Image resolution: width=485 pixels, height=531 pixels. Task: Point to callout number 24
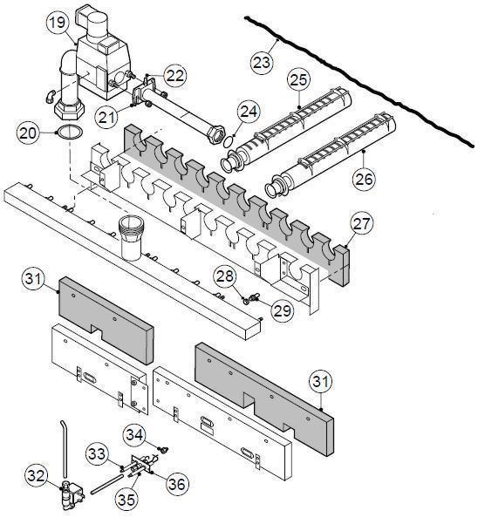click(249, 111)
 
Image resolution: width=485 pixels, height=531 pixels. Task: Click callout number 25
click(298, 80)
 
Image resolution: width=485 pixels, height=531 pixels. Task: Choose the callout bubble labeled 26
click(364, 179)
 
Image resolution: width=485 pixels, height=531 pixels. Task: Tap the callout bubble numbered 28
click(225, 276)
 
